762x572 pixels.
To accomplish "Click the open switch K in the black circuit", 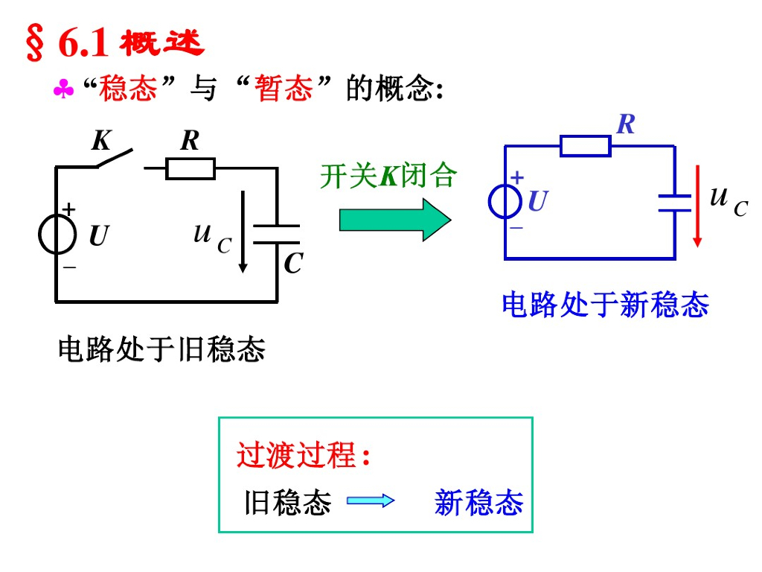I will pos(115,159).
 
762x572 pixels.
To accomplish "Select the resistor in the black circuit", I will pos(190,169).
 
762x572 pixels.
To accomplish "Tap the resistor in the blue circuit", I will pos(585,146).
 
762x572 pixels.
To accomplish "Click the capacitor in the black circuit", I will pos(277,234).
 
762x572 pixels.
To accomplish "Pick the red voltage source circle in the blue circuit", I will pos(505,201).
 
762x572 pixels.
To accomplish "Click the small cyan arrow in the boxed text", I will pos(370,501).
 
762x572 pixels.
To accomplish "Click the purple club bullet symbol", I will pos(63,91).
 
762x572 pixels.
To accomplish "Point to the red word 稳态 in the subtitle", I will pos(128,89).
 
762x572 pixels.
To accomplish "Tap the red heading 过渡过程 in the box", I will pos(296,455).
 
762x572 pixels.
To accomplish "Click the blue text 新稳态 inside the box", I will pos(478,503).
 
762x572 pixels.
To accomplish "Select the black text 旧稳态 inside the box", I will pos(288,503).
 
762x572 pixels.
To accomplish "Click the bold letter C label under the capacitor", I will pos(292,264).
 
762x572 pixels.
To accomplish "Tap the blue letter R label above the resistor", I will pos(626,124).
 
